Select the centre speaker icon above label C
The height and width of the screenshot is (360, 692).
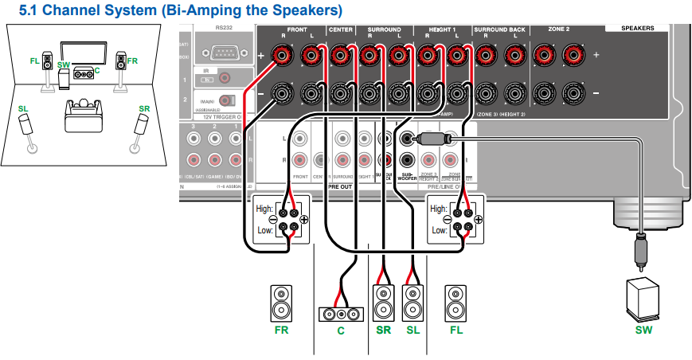340,314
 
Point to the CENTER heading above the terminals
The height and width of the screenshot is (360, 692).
340,29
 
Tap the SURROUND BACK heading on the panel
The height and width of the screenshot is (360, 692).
500,29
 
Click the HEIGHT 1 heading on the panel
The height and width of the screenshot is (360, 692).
440,29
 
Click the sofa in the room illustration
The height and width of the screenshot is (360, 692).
83,116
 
